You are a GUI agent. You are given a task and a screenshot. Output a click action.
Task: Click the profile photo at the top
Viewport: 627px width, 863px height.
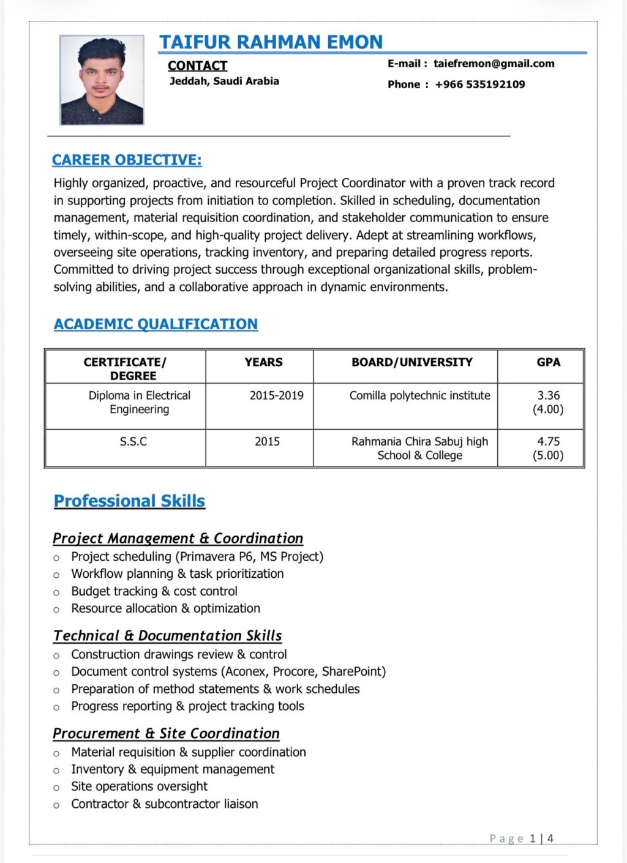pos(102,80)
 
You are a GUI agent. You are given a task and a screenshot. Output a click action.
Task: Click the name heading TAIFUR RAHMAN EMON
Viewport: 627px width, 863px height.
pos(271,42)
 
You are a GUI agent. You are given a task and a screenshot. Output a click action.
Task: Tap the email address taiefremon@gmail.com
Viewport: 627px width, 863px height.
pos(494,64)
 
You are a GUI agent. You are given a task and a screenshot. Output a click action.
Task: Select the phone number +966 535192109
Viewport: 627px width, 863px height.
pos(479,84)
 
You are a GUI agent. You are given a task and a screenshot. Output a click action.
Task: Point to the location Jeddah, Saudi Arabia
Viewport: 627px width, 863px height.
pos(224,81)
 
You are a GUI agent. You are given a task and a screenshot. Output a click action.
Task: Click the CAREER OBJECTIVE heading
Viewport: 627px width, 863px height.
pos(127,160)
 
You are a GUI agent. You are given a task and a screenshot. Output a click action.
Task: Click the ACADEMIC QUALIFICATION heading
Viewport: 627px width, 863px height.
pos(156,324)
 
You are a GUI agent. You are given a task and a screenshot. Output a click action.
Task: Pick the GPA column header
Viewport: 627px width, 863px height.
pos(548,362)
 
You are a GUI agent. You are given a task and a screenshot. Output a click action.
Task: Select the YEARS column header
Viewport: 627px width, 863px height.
pos(263,362)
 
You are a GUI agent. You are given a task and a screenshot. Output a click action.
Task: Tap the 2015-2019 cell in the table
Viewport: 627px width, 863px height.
pos(276,395)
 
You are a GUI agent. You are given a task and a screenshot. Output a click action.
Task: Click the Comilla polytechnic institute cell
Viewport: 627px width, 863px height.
pos(419,395)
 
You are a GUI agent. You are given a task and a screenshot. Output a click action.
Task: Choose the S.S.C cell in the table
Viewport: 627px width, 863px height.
pos(133,441)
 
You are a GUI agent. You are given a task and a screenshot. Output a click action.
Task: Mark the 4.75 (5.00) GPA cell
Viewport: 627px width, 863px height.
pos(548,448)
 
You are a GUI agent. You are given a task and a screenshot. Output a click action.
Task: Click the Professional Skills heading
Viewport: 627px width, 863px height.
pos(129,501)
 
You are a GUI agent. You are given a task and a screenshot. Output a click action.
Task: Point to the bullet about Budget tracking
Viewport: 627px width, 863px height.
pos(154,591)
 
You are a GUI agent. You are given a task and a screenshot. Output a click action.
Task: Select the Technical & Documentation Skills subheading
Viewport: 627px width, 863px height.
pos(167,636)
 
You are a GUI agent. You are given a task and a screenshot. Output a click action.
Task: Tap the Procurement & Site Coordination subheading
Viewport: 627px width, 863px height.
pos(166,734)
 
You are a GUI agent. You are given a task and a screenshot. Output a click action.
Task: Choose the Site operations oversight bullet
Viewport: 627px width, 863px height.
pos(139,786)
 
